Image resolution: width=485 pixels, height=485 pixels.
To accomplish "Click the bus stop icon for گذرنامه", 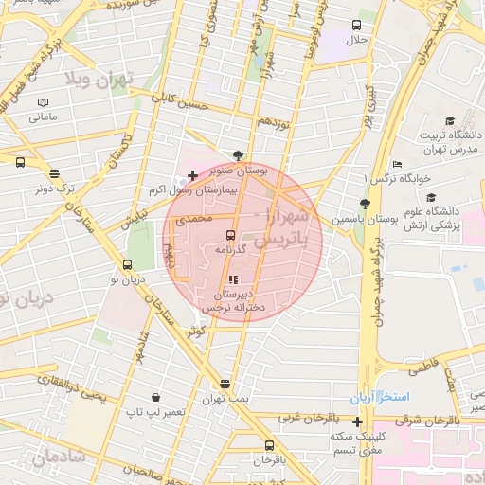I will [x=231, y=235].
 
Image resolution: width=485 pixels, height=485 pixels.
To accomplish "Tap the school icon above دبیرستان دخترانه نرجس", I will [x=234, y=279].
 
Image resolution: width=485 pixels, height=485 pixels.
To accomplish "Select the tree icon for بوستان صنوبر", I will [x=237, y=156].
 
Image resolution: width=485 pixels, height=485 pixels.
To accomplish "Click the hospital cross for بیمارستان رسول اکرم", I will [x=193, y=175].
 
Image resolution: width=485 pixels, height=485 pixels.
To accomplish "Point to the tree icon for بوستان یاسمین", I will [x=365, y=204].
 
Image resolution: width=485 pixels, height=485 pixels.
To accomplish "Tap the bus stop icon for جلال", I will [x=357, y=26].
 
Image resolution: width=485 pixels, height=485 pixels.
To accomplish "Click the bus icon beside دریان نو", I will [x=128, y=265].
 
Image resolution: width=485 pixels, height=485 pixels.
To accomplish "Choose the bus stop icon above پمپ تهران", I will [x=225, y=384].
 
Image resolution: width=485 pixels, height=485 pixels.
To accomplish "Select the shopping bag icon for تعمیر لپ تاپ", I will [x=154, y=398].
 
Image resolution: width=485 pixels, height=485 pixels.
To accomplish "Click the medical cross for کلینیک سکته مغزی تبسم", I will [x=357, y=422].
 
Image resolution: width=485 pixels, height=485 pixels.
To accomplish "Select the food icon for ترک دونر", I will [x=54, y=174].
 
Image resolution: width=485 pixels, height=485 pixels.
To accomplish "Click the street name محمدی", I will [x=190, y=219].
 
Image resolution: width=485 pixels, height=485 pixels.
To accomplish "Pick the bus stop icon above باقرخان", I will [x=269, y=444].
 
